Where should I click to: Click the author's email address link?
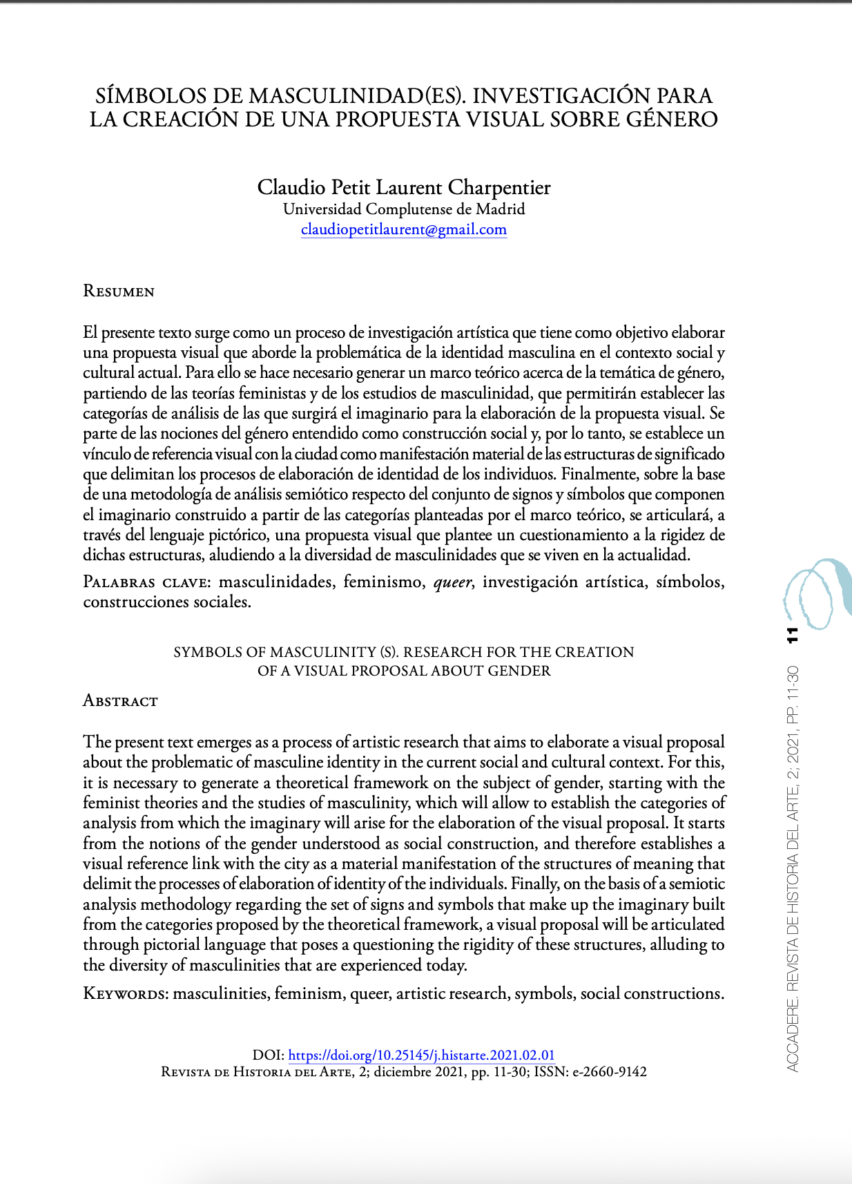click(404, 229)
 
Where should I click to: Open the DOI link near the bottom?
click(421, 1055)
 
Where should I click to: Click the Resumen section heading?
click(119, 291)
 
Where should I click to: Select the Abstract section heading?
click(120, 701)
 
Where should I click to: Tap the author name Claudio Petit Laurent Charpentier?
click(404, 187)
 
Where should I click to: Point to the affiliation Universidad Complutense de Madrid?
click(404, 209)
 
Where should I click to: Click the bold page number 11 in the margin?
click(792, 635)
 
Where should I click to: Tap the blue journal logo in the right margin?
click(816, 593)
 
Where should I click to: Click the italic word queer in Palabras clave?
click(452, 582)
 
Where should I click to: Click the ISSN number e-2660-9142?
click(610, 1072)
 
